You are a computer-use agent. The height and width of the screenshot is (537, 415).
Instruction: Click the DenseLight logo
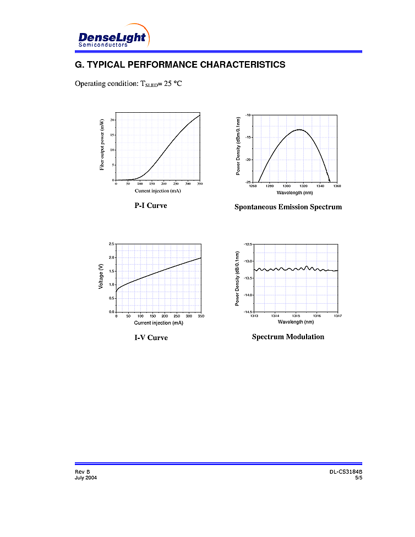[x=112, y=37]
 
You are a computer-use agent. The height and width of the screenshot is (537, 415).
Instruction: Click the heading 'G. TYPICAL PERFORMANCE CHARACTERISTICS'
[x=180, y=65]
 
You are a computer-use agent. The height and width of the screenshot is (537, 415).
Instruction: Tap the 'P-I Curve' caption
[x=151, y=206]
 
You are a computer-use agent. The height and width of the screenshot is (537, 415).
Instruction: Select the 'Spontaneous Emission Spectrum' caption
[x=288, y=207]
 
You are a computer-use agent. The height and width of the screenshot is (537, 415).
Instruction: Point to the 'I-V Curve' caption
[x=151, y=337]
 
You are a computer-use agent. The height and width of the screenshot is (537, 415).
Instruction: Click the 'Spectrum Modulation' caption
[x=288, y=337]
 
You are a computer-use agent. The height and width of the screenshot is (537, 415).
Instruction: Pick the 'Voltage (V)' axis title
[x=101, y=278]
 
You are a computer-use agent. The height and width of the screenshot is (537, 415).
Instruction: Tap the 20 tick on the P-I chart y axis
[x=112, y=119]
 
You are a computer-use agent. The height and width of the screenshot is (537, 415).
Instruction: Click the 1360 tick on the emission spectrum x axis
[x=337, y=186]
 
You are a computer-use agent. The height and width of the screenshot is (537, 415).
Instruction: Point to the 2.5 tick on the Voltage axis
[x=111, y=244]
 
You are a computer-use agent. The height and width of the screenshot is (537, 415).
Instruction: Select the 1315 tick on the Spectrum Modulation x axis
[x=296, y=316]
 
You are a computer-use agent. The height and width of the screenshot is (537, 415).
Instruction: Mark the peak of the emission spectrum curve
[x=299, y=130]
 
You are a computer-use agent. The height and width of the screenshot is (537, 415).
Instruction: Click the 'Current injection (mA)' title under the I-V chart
[x=158, y=323]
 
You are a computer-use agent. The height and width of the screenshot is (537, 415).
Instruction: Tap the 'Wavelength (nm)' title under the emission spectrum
[x=294, y=193]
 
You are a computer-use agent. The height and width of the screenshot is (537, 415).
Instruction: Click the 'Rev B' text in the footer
[x=82, y=473]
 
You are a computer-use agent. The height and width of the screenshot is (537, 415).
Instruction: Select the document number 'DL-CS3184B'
[x=346, y=473]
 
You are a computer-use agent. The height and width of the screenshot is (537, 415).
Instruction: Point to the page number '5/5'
[x=358, y=478]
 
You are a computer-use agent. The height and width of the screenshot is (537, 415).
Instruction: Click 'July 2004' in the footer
[x=86, y=478]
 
